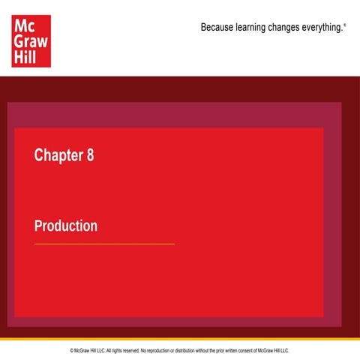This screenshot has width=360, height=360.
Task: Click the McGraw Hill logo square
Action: (31, 40)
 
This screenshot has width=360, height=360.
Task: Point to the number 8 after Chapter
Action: (90, 155)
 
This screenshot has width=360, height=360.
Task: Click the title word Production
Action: (66, 226)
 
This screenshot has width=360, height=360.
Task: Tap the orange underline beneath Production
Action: (104, 244)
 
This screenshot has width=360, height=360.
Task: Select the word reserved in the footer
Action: (127, 350)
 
